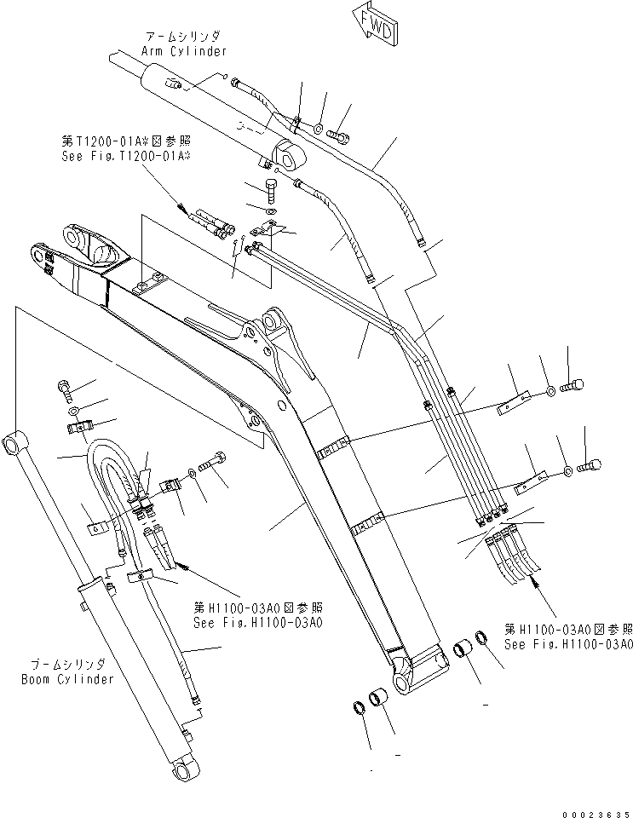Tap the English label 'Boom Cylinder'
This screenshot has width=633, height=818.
(x=67, y=679)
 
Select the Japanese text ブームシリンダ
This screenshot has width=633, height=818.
(x=66, y=665)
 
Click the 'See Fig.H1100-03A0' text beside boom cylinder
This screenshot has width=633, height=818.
(x=257, y=622)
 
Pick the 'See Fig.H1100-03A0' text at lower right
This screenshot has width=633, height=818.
(x=567, y=644)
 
